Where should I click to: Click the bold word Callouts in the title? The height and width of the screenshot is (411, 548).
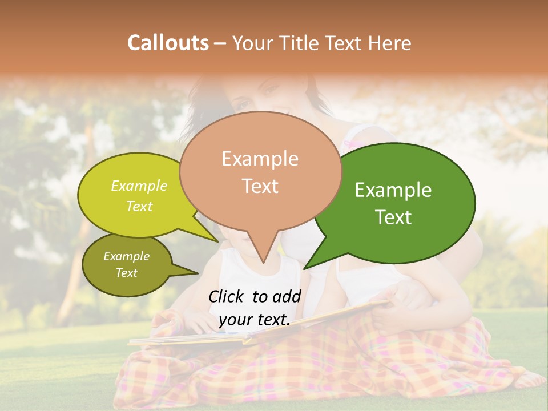tap(168, 43)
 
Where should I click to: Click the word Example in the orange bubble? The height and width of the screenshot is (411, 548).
tap(260, 159)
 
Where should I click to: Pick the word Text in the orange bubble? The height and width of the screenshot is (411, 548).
tap(260, 186)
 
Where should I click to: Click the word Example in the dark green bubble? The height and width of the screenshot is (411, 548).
tap(393, 190)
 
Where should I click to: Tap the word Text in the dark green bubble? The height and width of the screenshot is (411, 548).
tap(393, 217)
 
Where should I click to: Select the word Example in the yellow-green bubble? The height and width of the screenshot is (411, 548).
tap(139, 186)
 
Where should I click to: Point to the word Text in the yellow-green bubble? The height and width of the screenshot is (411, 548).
tap(139, 206)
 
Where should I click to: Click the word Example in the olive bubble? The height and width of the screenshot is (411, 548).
tap(127, 256)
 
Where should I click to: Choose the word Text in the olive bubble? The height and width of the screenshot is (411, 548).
tap(127, 273)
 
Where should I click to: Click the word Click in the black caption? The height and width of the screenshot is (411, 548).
tap(228, 296)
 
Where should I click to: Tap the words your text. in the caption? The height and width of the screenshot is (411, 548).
tap(255, 320)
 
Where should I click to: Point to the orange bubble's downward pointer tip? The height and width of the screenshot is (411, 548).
tap(263, 263)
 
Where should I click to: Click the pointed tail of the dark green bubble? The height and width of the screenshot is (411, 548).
tap(304, 268)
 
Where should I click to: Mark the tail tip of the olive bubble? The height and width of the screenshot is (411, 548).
tap(198, 273)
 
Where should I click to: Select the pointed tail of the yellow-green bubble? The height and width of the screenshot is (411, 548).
tap(217, 241)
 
